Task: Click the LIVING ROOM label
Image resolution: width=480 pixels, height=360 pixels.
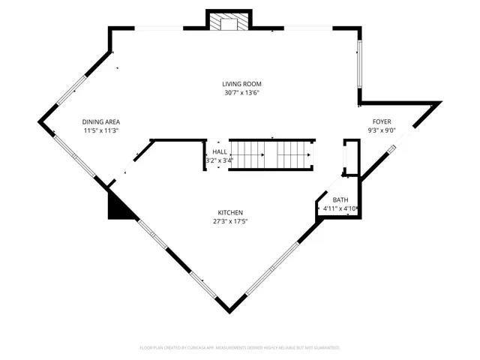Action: [241, 84]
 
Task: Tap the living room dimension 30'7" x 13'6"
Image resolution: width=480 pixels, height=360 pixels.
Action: [241, 93]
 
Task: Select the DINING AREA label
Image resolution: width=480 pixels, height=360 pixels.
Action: [101, 121]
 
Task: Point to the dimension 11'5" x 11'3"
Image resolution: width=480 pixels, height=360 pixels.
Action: [101, 130]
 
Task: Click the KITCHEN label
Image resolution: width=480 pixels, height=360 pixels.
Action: [231, 213]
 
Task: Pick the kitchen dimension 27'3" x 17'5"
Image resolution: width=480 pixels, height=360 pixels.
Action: [231, 222]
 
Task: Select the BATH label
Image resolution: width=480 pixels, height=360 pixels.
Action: [340, 199]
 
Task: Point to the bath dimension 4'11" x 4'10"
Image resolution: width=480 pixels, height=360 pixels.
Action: [340, 208]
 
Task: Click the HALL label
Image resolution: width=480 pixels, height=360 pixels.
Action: [220, 151]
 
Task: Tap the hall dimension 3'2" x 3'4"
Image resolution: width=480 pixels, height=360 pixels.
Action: [220, 160]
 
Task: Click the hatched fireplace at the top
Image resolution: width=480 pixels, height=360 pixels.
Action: [228, 23]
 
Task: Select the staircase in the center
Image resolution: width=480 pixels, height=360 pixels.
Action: [271, 154]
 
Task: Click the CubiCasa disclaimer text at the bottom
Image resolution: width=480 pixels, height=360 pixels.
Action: [240, 348]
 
